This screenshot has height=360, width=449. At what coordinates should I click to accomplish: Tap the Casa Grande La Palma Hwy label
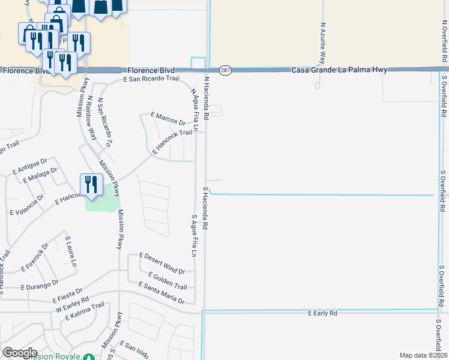[339, 70]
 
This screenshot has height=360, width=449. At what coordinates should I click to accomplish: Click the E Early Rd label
[322, 313]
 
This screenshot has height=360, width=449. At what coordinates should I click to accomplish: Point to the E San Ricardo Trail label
[151, 79]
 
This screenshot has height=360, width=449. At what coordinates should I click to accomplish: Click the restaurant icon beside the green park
[90, 184]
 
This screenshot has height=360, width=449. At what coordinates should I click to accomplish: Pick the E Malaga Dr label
[40, 175]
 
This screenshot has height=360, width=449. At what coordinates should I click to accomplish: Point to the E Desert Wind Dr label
[162, 263]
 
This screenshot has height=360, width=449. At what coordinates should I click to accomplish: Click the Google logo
[20, 353]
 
